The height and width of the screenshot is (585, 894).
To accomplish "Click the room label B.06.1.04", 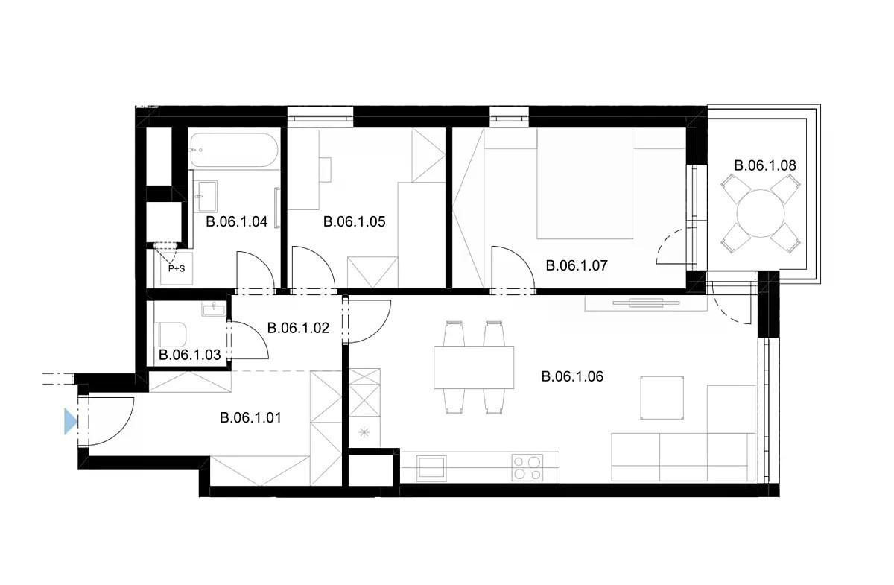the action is click(x=237, y=221).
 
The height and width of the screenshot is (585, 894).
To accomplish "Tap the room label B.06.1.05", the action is click(x=355, y=221).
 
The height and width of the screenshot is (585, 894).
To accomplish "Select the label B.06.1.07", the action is click(x=577, y=265).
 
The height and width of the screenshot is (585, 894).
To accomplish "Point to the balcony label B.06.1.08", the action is click(x=765, y=165).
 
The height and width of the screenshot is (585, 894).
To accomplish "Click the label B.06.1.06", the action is click(x=572, y=376).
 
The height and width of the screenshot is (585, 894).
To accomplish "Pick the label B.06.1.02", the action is click(x=298, y=328).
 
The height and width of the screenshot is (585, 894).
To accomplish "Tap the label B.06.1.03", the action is click(x=189, y=355).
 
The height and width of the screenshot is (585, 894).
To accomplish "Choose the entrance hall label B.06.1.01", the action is click(x=250, y=418).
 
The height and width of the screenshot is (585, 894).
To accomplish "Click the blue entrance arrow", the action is click(x=70, y=421).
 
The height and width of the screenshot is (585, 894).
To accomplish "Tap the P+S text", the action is click(x=177, y=269).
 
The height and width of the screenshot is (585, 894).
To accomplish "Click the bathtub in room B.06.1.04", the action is click(x=234, y=150).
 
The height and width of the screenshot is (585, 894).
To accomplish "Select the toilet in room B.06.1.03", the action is click(x=172, y=335).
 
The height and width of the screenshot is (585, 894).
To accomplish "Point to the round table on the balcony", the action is click(x=761, y=213).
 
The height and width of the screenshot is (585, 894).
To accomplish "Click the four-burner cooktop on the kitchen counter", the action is click(x=527, y=467).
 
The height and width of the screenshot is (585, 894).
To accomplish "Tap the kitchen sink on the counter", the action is click(x=431, y=467).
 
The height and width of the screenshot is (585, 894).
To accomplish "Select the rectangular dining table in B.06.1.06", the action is click(x=474, y=367).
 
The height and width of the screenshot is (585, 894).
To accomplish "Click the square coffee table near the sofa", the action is click(x=662, y=398).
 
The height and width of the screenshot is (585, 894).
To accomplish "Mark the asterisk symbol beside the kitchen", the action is click(x=364, y=432).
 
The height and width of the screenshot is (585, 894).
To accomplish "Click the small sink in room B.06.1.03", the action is click(x=214, y=309).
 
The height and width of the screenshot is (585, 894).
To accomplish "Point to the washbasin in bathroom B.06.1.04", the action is click(x=205, y=196).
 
